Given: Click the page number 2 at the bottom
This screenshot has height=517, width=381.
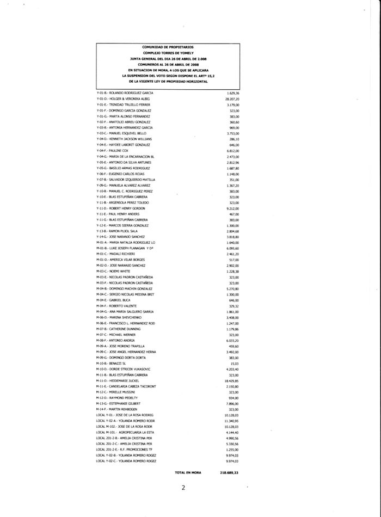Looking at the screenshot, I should coord(183,488).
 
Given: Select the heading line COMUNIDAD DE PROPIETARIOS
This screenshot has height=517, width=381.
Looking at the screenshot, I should coord(168,48).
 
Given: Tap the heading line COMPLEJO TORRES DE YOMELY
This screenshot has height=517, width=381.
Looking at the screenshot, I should coord(168,53).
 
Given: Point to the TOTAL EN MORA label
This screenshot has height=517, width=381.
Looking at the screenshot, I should coord(188,473).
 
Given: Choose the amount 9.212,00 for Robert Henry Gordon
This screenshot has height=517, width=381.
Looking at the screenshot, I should coord(233,208).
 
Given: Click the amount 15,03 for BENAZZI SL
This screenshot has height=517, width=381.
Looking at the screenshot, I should coord(235,363).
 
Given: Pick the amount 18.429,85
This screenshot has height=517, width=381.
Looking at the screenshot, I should coord(232,381).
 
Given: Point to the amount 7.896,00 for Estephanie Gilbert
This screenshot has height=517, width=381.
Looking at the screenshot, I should coord(233,403).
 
